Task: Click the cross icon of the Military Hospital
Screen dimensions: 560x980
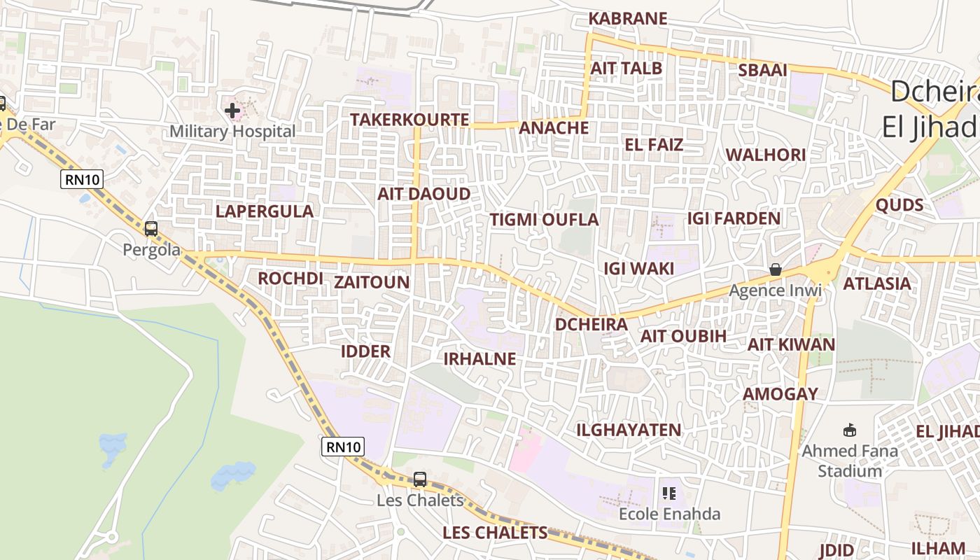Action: (232, 111)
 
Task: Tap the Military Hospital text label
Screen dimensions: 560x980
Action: (232, 131)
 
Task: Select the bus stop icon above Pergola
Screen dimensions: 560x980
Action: (151, 229)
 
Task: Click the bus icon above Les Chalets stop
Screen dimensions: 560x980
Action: (420, 479)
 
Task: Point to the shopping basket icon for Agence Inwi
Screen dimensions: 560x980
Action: (776, 269)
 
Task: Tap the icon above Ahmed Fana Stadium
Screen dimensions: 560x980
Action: (850, 430)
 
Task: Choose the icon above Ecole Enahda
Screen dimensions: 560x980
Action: (669, 493)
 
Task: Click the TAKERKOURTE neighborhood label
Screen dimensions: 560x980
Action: (409, 120)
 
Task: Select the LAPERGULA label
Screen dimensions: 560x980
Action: (264, 211)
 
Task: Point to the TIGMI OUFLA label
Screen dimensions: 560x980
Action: (544, 220)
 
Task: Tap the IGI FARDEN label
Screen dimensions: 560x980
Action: (734, 218)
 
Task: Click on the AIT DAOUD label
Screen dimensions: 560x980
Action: (424, 194)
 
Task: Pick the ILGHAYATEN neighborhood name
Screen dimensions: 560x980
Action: (628, 430)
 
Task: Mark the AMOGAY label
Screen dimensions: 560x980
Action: (780, 394)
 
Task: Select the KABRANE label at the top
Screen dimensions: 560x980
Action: (628, 19)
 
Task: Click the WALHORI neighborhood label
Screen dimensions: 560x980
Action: (765, 155)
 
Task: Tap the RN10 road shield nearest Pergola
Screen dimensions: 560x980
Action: (83, 180)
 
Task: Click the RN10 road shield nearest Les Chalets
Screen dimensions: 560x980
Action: (344, 447)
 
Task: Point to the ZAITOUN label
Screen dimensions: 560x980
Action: (371, 282)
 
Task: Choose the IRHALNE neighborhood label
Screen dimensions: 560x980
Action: (479, 359)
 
